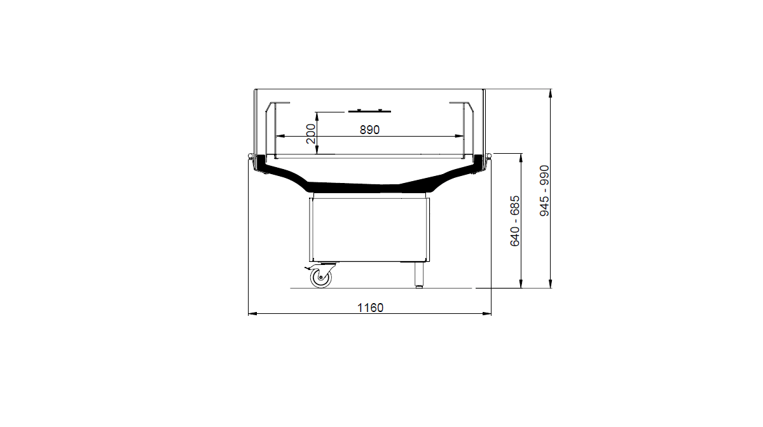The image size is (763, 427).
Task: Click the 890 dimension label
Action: pyautogui.click(x=369, y=130)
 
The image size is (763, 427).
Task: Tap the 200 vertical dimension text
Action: pyautogui.click(x=311, y=134)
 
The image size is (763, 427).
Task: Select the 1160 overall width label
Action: pyautogui.click(x=370, y=308)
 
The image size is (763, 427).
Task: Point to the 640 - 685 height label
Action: pyautogui.click(x=514, y=221)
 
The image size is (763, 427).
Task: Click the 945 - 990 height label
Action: pyautogui.click(x=545, y=191)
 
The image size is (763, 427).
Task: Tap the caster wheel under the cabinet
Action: pyautogui.click(x=321, y=278)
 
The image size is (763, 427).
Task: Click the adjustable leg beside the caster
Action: pyautogui.click(x=419, y=274)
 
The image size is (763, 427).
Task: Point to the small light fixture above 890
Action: pyautogui.click(x=369, y=111)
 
